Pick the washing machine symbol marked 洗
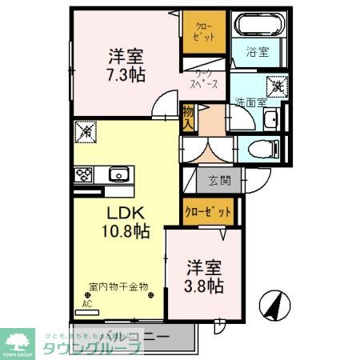277,85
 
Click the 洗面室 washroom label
251,102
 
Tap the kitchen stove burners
83,174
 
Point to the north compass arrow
273,305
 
